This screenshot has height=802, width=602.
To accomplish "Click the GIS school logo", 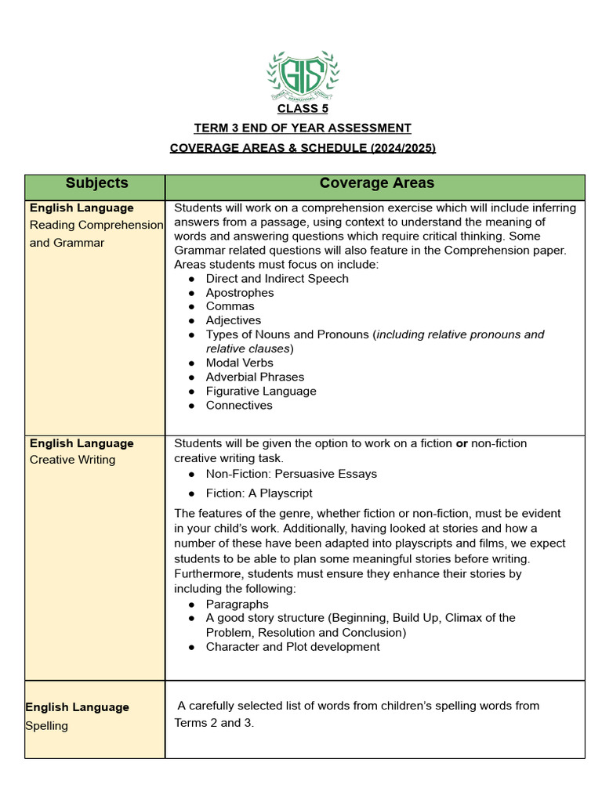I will [x=303, y=75].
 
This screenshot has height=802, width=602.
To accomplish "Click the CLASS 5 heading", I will [x=303, y=109].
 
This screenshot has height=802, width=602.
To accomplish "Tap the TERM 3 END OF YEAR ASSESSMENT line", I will [x=303, y=128].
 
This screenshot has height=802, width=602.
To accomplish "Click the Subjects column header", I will [x=96, y=183].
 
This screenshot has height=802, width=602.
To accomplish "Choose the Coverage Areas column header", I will [x=376, y=183].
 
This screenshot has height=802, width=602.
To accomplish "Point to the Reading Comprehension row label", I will [x=96, y=225].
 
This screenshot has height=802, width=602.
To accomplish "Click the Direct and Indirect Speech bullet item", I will [x=277, y=279].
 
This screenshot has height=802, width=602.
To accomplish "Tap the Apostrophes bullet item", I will [x=240, y=293].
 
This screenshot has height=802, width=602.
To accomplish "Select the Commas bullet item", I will [x=230, y=306].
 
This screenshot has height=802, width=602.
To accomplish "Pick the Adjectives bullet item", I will [x=234, y=320].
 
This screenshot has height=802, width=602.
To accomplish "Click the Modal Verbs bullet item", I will [x=240, y=363].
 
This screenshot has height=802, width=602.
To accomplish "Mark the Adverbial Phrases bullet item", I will [x=255, y=377].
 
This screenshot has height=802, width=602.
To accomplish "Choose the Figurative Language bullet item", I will [x=261, y=391].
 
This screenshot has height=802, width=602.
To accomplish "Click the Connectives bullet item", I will [x=239, y=405].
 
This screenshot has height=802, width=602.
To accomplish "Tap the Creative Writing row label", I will [x=72, y=460].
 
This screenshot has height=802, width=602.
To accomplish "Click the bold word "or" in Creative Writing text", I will [x=462, y=443].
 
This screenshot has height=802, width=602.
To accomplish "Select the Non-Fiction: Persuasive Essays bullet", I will [x=291, y=474].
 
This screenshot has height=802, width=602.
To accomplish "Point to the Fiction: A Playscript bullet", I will [x=259, y=493].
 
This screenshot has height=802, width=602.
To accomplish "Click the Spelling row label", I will [x=47, y=726].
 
